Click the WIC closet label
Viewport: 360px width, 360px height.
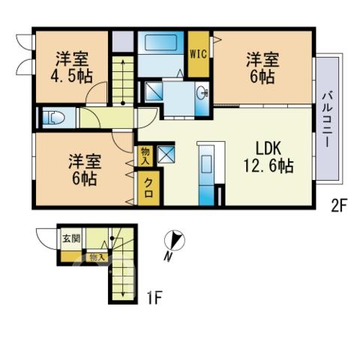coord(199,54)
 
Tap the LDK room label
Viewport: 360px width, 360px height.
coord(268,148)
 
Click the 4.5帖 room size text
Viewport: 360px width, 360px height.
coord(72,76)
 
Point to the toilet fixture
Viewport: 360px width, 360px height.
coord(53,118)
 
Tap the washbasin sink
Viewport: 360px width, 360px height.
coord(202,94)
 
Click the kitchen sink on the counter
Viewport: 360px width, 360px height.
coord(206,163)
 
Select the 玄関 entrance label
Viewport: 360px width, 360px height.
coord(71,238)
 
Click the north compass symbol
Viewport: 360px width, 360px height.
coord(175,240)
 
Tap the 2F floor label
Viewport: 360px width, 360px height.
coord(338,208)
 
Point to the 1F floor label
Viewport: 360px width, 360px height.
coord(154,298)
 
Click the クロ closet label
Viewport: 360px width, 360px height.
coord(148,188)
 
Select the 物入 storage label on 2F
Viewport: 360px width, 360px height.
coord(145,156)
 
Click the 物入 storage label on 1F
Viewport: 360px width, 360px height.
coord(97,257)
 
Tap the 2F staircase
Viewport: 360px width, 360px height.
coord(123,80)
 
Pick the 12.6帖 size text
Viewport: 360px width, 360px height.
coord(268,166)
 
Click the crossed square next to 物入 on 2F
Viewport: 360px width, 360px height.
coord(166,154)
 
